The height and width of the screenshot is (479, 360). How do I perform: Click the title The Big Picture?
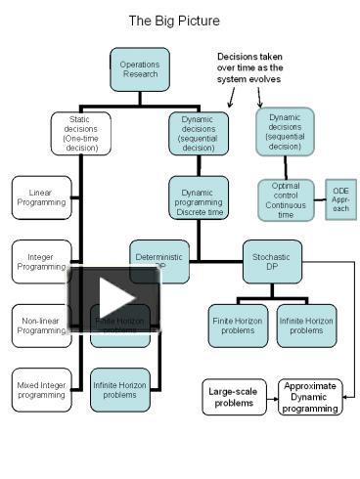pyautogui.click(x=174, y=21)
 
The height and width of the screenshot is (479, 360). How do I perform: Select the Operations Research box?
pyautogui.click(x=140, y=69)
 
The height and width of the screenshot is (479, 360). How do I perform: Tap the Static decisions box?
pyautogui.click(x=80, y=133)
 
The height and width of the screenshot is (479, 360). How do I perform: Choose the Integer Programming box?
pyautogui.click(x=41, y=261)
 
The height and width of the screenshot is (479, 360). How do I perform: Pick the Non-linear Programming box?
pyautogui.click(x=41, y=326)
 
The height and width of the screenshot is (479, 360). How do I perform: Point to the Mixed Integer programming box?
pyautogui.click(x=41, y=389)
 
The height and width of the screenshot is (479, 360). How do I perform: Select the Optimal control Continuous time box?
pyautogui.click(x=286, y=199)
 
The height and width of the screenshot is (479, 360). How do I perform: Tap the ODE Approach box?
pyautogui.click(x=339, y=199)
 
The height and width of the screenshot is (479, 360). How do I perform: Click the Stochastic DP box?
pyautogui.click(x=273, y=261)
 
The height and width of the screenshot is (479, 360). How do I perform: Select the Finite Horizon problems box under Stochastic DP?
pyautogui.click(x=238, y=326)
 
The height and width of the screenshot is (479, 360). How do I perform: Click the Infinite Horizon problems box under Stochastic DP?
pyautogui.click(x=306, y=326)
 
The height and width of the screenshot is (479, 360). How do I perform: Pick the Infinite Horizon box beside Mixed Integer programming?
pyautogui.click(x=120, y=389)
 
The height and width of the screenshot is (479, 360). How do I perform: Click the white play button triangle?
pyautogui.click(x=114, y=298)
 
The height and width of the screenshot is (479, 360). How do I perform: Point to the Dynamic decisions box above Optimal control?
pyautogui.click(x=285, y=131)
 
